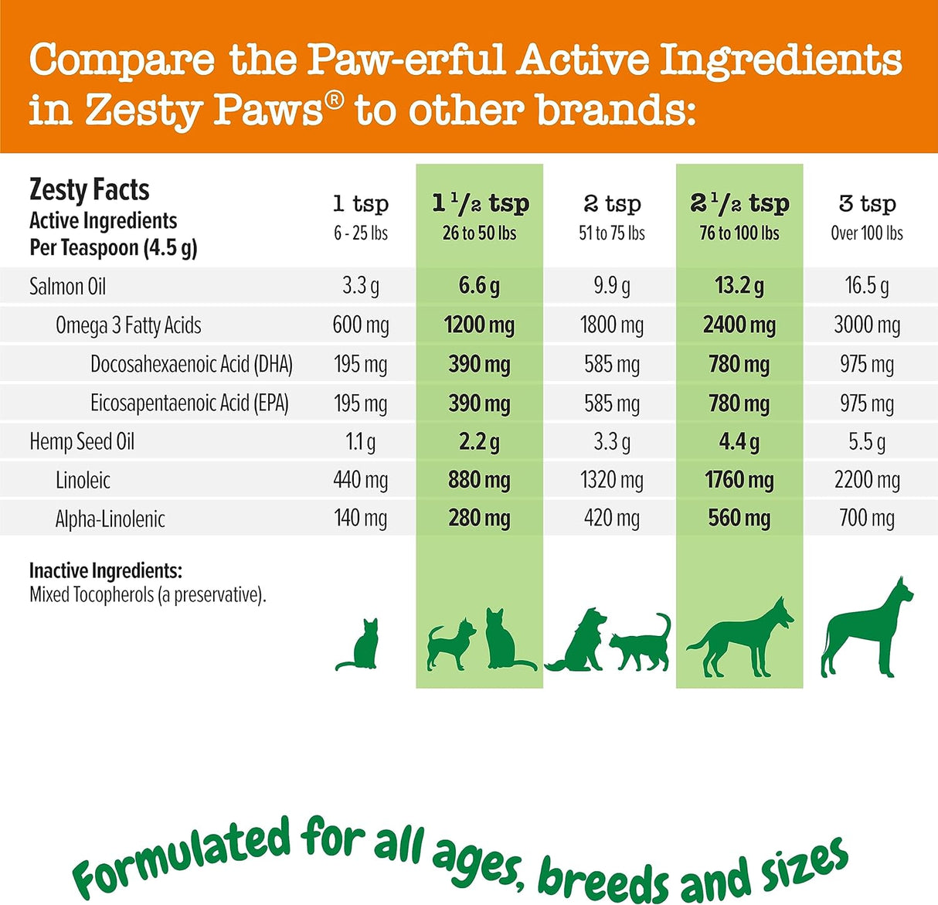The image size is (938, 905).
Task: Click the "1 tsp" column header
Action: click(x=361, y=204)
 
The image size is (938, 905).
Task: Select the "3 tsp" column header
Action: click(x=867, y=204)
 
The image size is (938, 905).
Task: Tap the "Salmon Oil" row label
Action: click(x=67, y=287)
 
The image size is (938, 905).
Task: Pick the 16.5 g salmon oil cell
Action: click(x=867, y=287)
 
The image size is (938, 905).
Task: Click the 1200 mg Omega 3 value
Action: click(x=479, y=325)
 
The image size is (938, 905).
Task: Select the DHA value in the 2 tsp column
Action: click(x=612, y=364)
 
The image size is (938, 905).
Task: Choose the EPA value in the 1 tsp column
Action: click(x=361, y=403)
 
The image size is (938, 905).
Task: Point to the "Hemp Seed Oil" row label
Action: click(x=82, y=442)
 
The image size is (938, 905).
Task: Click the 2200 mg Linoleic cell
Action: click(x=867, y=481)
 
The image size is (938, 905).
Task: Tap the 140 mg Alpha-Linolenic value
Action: click(x=361, y=519)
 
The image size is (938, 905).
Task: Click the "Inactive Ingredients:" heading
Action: click(x=106, y=571)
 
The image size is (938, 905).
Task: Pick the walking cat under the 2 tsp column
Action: click(x=641, y=643)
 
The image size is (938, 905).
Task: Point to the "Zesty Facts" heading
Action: click(x=89, y=190)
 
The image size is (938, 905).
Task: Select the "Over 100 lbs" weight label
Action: click(x=867, y=233)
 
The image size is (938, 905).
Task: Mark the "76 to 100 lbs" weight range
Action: click(x=739, y=233)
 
